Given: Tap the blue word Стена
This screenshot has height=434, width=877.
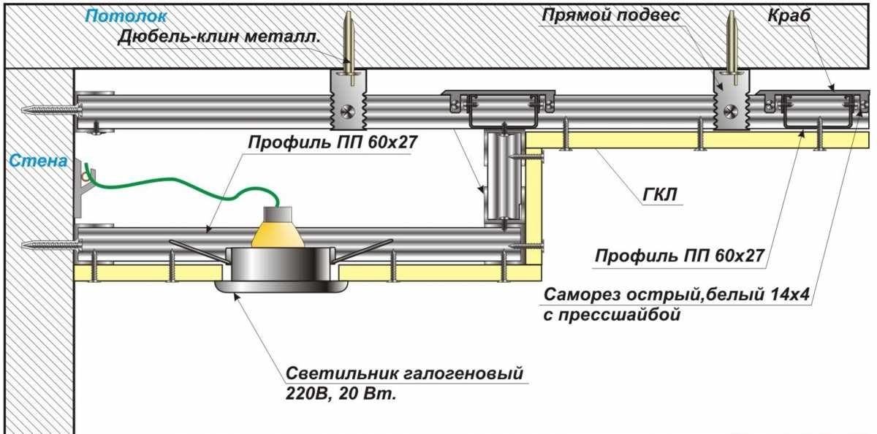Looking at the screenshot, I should pyautogui.click(x=39, y=161).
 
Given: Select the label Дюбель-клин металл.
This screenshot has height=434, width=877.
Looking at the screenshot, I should pyautogui.click(x=219, y=37).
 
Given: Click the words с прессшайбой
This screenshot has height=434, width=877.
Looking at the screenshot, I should pyautogui.click(x=612, y=316).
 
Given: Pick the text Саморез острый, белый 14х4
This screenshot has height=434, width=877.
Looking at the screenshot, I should pyautogui.click(x=680, y=295).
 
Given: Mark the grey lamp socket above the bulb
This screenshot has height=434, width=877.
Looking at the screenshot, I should pyautogui.click(x=278, y=214).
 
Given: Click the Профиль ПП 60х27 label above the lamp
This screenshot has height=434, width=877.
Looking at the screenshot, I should pyautogui.click(x=332, y=142).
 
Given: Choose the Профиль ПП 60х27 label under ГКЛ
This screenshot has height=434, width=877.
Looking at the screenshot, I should pyautogui.click(x=679, y=256).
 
